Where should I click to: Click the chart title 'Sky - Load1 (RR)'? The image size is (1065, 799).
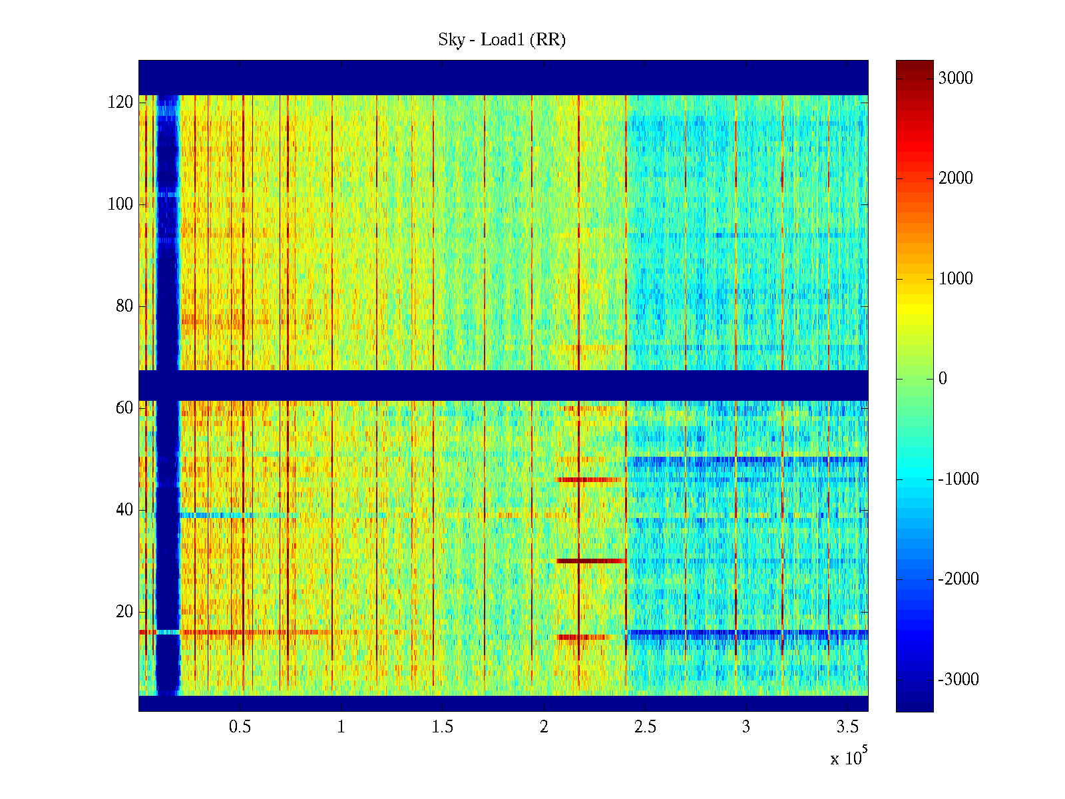pyautogui.click(x=501, y=40)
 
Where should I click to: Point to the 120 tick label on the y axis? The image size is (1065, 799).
pyautogui.click(x=120, y=103)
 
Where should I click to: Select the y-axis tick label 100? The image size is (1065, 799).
pyautogui.click(x=120, y=204)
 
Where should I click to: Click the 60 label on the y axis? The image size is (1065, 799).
pyautogui.click(x=124, y=408)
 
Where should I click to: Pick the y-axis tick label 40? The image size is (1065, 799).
pyautogui.click(x=124, y=510)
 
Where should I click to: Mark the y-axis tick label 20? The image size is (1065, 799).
pyautogui.click(x=124, y=612)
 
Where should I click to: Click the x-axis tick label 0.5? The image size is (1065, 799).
pyautogui.click(x=240, y=727)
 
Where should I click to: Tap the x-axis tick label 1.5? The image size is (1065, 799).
pyautogui.click(x=442, y=727)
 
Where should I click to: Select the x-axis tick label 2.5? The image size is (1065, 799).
pyautogui.click(x=645, y=727)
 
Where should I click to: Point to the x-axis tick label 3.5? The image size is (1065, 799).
pyautogui.click(x=847, y=727)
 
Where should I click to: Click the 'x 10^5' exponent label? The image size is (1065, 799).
pyautogui.click(x=848, y=758)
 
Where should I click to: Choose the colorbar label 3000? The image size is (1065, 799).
pyautogui.click(x=956, y=79)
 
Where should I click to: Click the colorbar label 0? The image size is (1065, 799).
pyautogui.click(x=943, y=379)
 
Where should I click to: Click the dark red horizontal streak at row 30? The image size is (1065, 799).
pyautogui.click(x=591, y=561)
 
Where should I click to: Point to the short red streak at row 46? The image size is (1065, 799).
pyautogui.click(x=588, y=479)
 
